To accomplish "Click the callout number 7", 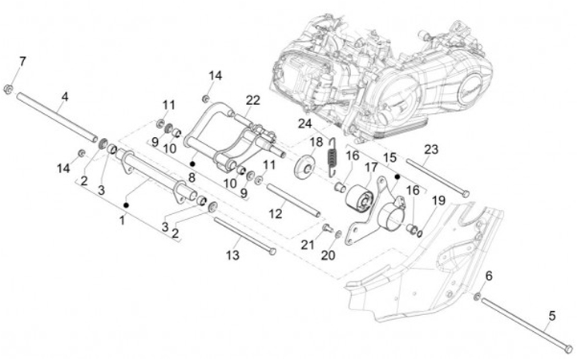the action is [22, 62].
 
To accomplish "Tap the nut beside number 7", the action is [8, 89].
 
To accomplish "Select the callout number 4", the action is [65, 97].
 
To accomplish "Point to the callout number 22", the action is [252, 100].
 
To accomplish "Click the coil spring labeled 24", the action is [333, 156].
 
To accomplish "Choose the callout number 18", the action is [317, 142].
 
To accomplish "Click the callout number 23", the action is [431, 149].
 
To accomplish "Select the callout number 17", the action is [371, 168].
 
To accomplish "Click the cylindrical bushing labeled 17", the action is [360, 200].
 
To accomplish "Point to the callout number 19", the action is [438, 200].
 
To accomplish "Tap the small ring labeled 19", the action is [419, 233].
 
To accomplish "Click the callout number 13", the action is [232, 255].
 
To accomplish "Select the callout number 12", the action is [275, 213].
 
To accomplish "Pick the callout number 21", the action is [308, 245].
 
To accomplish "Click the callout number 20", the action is [328, 255].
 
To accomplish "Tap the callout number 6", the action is [489, 276].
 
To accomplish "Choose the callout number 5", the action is [551, 316].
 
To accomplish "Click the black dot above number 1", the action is [127, 204].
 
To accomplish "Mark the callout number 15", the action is [390, 157].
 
